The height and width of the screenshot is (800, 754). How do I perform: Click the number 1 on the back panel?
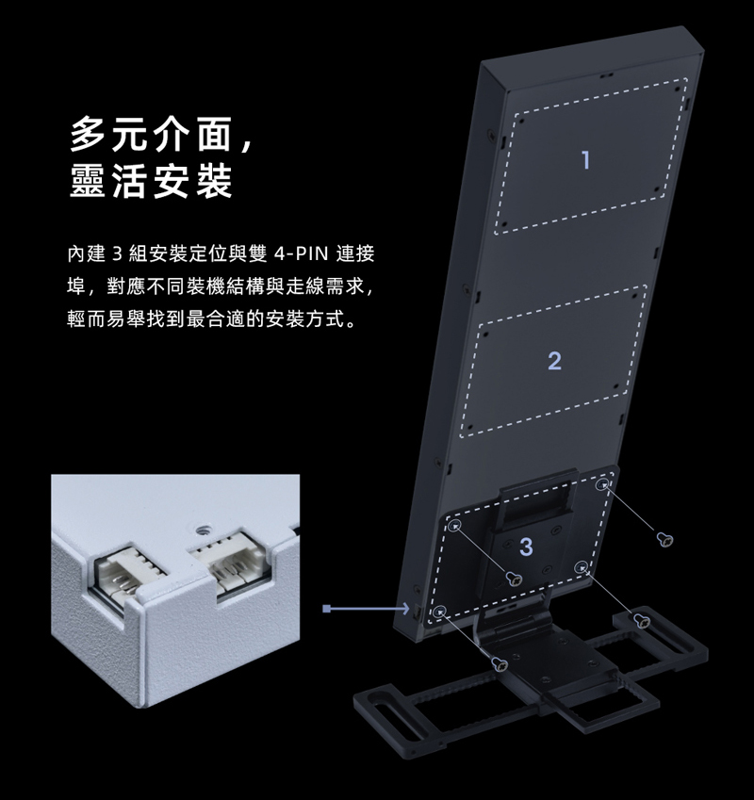click(586, 159)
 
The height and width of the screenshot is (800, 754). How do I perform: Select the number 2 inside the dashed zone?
click(553, 360)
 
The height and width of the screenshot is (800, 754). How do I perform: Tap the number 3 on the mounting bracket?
click(526, 546)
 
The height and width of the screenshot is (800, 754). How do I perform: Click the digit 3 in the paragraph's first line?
click(118, 255)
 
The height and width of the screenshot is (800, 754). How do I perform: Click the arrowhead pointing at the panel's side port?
click(403, 608)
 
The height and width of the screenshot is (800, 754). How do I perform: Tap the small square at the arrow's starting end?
click(324, 608)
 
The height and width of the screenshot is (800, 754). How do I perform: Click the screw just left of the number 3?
click(515, 577)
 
